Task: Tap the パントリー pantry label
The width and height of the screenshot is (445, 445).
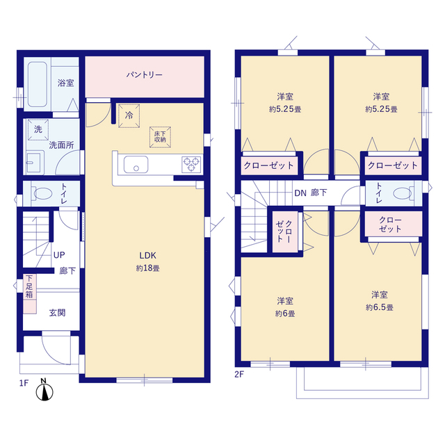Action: click(145, 75)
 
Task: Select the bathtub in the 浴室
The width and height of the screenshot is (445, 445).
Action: click(38, 84)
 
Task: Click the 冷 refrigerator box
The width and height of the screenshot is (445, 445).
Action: click(129, 115)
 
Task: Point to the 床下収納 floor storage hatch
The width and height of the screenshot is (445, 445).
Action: click(161, 137)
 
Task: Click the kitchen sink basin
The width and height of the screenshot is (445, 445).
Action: click(136, 164)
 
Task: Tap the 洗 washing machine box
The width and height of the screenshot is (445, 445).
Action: click(38, 130)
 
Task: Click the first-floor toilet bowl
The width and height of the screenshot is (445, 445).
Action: click(43, 194)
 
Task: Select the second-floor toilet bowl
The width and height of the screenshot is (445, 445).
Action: click(403, 193)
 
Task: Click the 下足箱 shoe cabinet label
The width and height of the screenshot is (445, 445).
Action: click(29, 286)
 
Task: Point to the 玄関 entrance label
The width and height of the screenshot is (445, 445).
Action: click(58, 313)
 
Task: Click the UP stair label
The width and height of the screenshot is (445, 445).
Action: click(59, 255)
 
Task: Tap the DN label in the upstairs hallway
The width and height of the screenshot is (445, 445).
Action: click(300, 193)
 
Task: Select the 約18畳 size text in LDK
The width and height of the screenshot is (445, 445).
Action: click(148, 268)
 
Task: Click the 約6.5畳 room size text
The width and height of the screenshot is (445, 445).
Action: click(380, 307)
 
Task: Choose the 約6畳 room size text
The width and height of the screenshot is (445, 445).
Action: click(285, 314)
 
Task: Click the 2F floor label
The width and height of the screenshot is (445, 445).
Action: click(239, 374)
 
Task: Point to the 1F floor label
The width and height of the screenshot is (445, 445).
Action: click(24, 383)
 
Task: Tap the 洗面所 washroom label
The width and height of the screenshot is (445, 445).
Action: click(62, 145)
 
